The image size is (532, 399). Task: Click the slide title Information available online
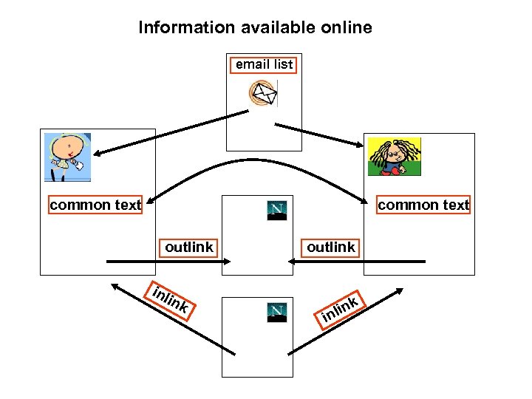pyautogui.click(x=255, y=28)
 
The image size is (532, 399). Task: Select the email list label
pyautogui.click(x=264, y=64)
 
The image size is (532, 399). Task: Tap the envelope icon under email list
pyautogui.click(x=263, y=93)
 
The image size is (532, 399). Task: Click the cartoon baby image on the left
pyautogui.click(x=66, y=157)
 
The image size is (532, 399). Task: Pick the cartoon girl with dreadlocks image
pyautogui.click(x=395, y=156)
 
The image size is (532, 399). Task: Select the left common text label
pyautogui.click(x=95, y=205)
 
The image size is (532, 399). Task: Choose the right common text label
pyautogui.click(x=423, y=205)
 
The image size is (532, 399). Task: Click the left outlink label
pyautogui.click(x=188, y=247)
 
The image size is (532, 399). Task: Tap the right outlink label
pyautogui.click(x=330, y=247)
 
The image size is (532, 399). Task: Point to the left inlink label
pyautogui.click(x=172, y=299)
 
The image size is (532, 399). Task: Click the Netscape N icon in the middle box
pyautogui.click(x=276, y=211)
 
